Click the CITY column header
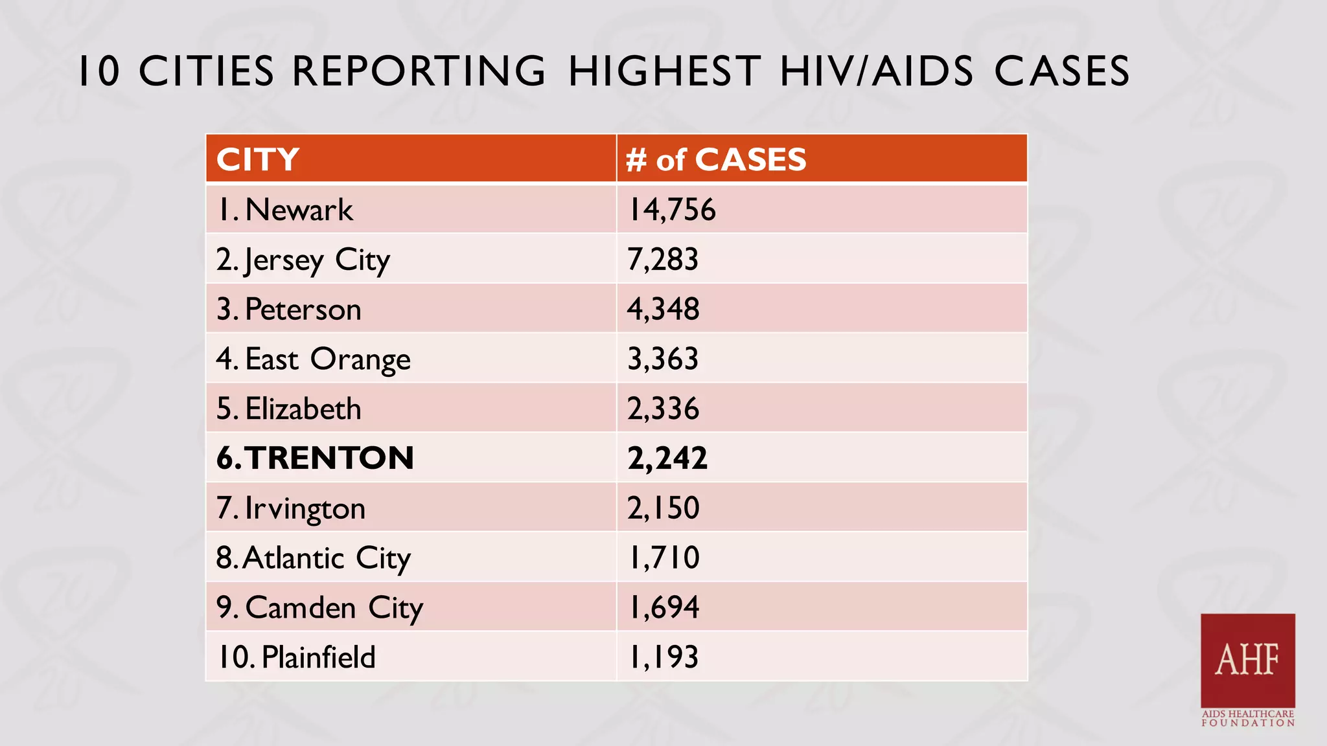tap(258, 159)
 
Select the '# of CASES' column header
tap(716, 159)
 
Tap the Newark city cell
tap(285, 210)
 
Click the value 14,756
tap(672, 210)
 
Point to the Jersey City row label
tap(303, 260)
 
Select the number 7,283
tap(663, 260)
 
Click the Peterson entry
tap(289, 310)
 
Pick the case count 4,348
tap(663, 309)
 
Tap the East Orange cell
tap(314, 359)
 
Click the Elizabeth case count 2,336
tap(663, 409)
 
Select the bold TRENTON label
tap(315, 458)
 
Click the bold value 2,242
tap(667, 458)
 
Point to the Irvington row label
tap(291, 508)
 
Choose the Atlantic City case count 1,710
tap(664, 558)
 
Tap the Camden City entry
tap(319, 608)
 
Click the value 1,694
tap(664, 607)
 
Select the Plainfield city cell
tap(296, 657)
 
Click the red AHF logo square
tap(1247, 660)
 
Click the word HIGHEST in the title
tap(665, 71)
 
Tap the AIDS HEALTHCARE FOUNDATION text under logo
tap(1247, 718)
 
